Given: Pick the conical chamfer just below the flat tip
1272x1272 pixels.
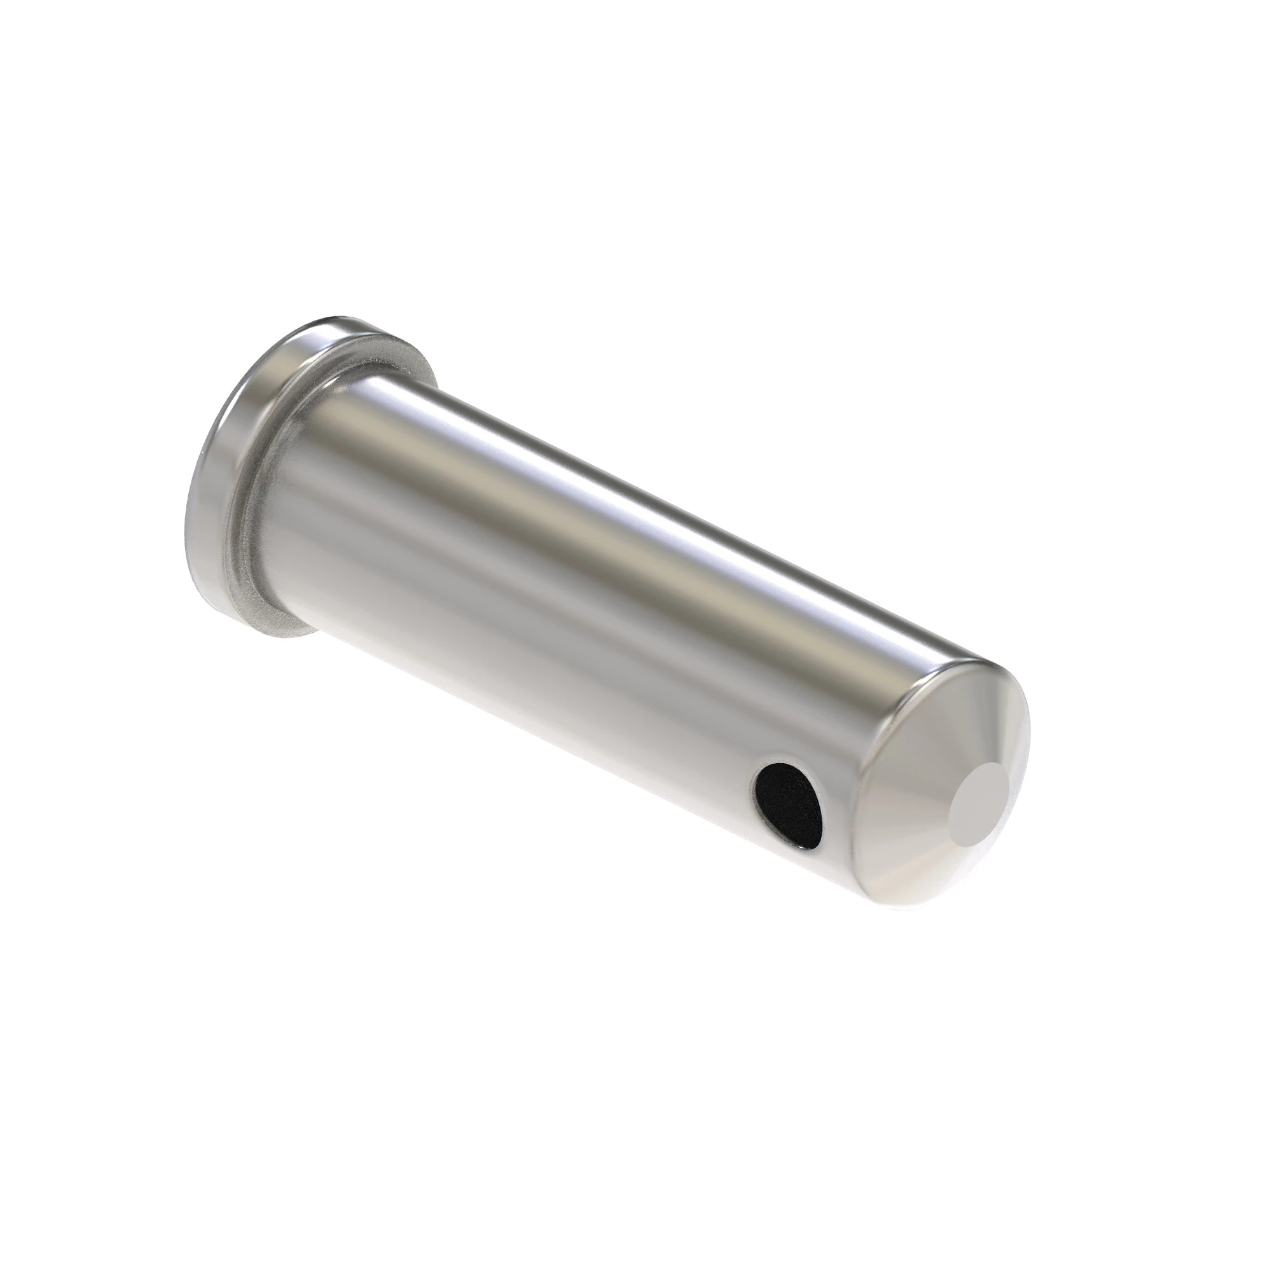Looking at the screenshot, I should click(x=948, y=876).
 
